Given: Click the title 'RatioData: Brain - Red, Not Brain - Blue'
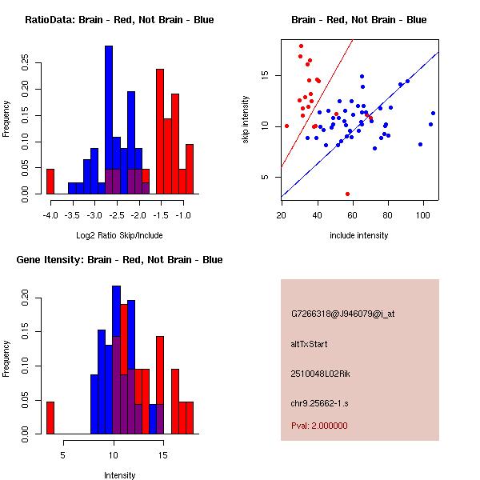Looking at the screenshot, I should [118, 20].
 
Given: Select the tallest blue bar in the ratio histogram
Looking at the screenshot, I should [109, 120].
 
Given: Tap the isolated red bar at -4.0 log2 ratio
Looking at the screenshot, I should [50, 181].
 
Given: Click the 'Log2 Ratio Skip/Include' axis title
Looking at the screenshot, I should [118, 235].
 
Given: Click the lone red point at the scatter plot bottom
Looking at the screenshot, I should [347, 194].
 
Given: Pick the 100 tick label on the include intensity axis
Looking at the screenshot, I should [424, 215].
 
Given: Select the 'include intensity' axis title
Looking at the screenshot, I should [359, 235].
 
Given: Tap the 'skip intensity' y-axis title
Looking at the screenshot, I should [246, 120].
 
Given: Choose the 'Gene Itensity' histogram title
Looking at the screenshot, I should [118, 260].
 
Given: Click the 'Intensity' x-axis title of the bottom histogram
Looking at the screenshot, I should [119, 475].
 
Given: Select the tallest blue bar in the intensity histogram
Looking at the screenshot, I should [116, 360].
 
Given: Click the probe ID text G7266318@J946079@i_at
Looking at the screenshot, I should [343, 314].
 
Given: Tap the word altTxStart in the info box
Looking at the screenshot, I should [309, 344].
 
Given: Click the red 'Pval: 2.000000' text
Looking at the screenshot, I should [319, 426].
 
